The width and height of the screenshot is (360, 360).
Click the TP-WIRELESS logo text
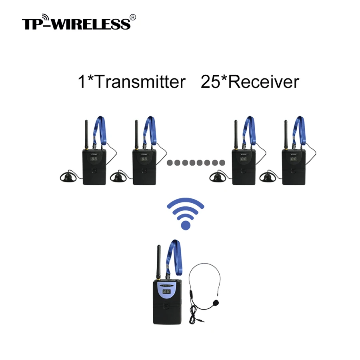click(x=76, y=23)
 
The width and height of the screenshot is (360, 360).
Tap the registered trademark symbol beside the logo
click(x=134, y=17)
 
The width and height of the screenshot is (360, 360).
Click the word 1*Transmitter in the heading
click(x=132, y=82)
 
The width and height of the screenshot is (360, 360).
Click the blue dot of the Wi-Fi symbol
click(x=185, y=225)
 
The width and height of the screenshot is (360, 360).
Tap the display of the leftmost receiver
click(x=94, y=159)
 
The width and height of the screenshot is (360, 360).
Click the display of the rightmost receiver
click(x=294, y=159)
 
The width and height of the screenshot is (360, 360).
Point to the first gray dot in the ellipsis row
click(x=170, y=163)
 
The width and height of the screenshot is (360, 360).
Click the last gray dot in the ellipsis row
click(x=222, y=163)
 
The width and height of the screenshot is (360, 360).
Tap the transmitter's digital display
click(x=167, y=292)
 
